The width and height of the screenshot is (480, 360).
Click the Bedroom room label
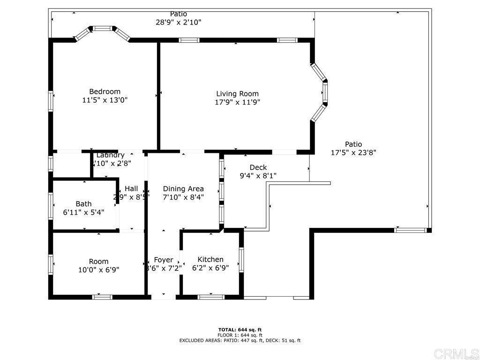(x=105, y=91)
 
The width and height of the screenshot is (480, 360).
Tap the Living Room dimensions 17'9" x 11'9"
(x=237, y=102)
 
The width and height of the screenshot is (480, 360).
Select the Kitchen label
(x=210, y=260)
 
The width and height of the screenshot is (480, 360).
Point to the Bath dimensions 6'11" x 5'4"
(x=83, y=212)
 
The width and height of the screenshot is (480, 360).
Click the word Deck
(x=258, y=167)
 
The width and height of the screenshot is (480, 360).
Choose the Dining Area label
(x=183, y=189)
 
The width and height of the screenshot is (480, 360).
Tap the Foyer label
(x=164, y=260)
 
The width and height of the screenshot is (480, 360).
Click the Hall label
(x=131, y=189)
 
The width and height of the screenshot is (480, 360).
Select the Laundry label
(x=111, y=155)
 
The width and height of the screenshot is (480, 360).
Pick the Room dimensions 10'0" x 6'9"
(x=98, y=270)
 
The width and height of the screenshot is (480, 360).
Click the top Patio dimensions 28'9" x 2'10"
(x=179, y=22)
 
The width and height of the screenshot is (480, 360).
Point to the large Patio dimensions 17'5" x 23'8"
(x=353, y=152)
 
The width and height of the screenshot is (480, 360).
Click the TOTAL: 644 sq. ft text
(x=240, y=330)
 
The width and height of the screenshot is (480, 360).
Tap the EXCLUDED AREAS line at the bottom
(x=240, y=341)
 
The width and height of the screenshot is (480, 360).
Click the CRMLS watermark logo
(x=456, y=353)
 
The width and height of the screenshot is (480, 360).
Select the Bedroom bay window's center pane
(x=102, y=29)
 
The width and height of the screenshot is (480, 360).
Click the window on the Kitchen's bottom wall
(x=211, y=297)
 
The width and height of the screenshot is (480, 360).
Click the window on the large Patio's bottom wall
(x=410, y=230)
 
